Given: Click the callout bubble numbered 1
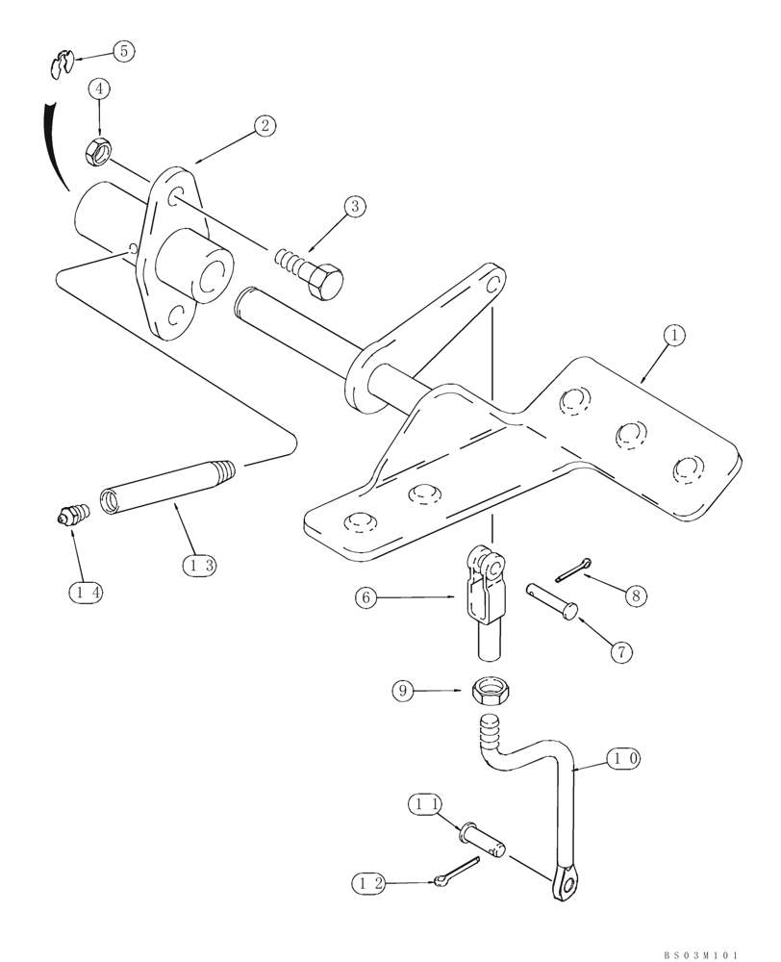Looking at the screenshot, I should point(675,336).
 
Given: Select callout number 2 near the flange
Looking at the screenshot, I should point(265,125).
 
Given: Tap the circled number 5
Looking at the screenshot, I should point(123,51).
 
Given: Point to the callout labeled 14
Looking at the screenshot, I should point(85,593).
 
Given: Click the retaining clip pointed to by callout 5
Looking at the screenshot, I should point(61,66).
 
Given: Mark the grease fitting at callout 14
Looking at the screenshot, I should point(70,517).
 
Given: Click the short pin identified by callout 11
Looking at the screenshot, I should point(485,835).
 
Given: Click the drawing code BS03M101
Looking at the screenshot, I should point(700,955).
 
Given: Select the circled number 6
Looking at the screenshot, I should point(364,597).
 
